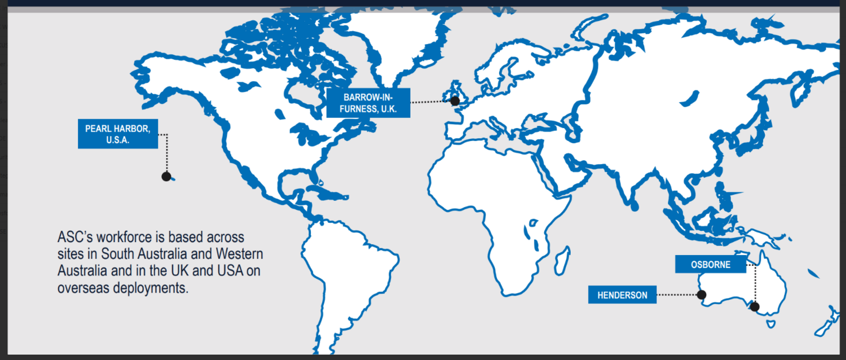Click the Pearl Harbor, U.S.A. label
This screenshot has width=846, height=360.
coord(118,134)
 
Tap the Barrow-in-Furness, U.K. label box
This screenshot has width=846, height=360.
coord(368,103)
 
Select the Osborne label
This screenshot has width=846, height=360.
coord(711,265)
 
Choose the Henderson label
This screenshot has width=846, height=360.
coord(622,295)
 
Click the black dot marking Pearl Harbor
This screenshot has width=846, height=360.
coord(166,177)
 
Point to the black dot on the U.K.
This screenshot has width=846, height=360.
coord(455,101)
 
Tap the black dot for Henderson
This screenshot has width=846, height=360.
coord(702,294)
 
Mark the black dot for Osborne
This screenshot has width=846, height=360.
coord(755,307)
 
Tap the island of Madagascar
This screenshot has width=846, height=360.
coord(561,264)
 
